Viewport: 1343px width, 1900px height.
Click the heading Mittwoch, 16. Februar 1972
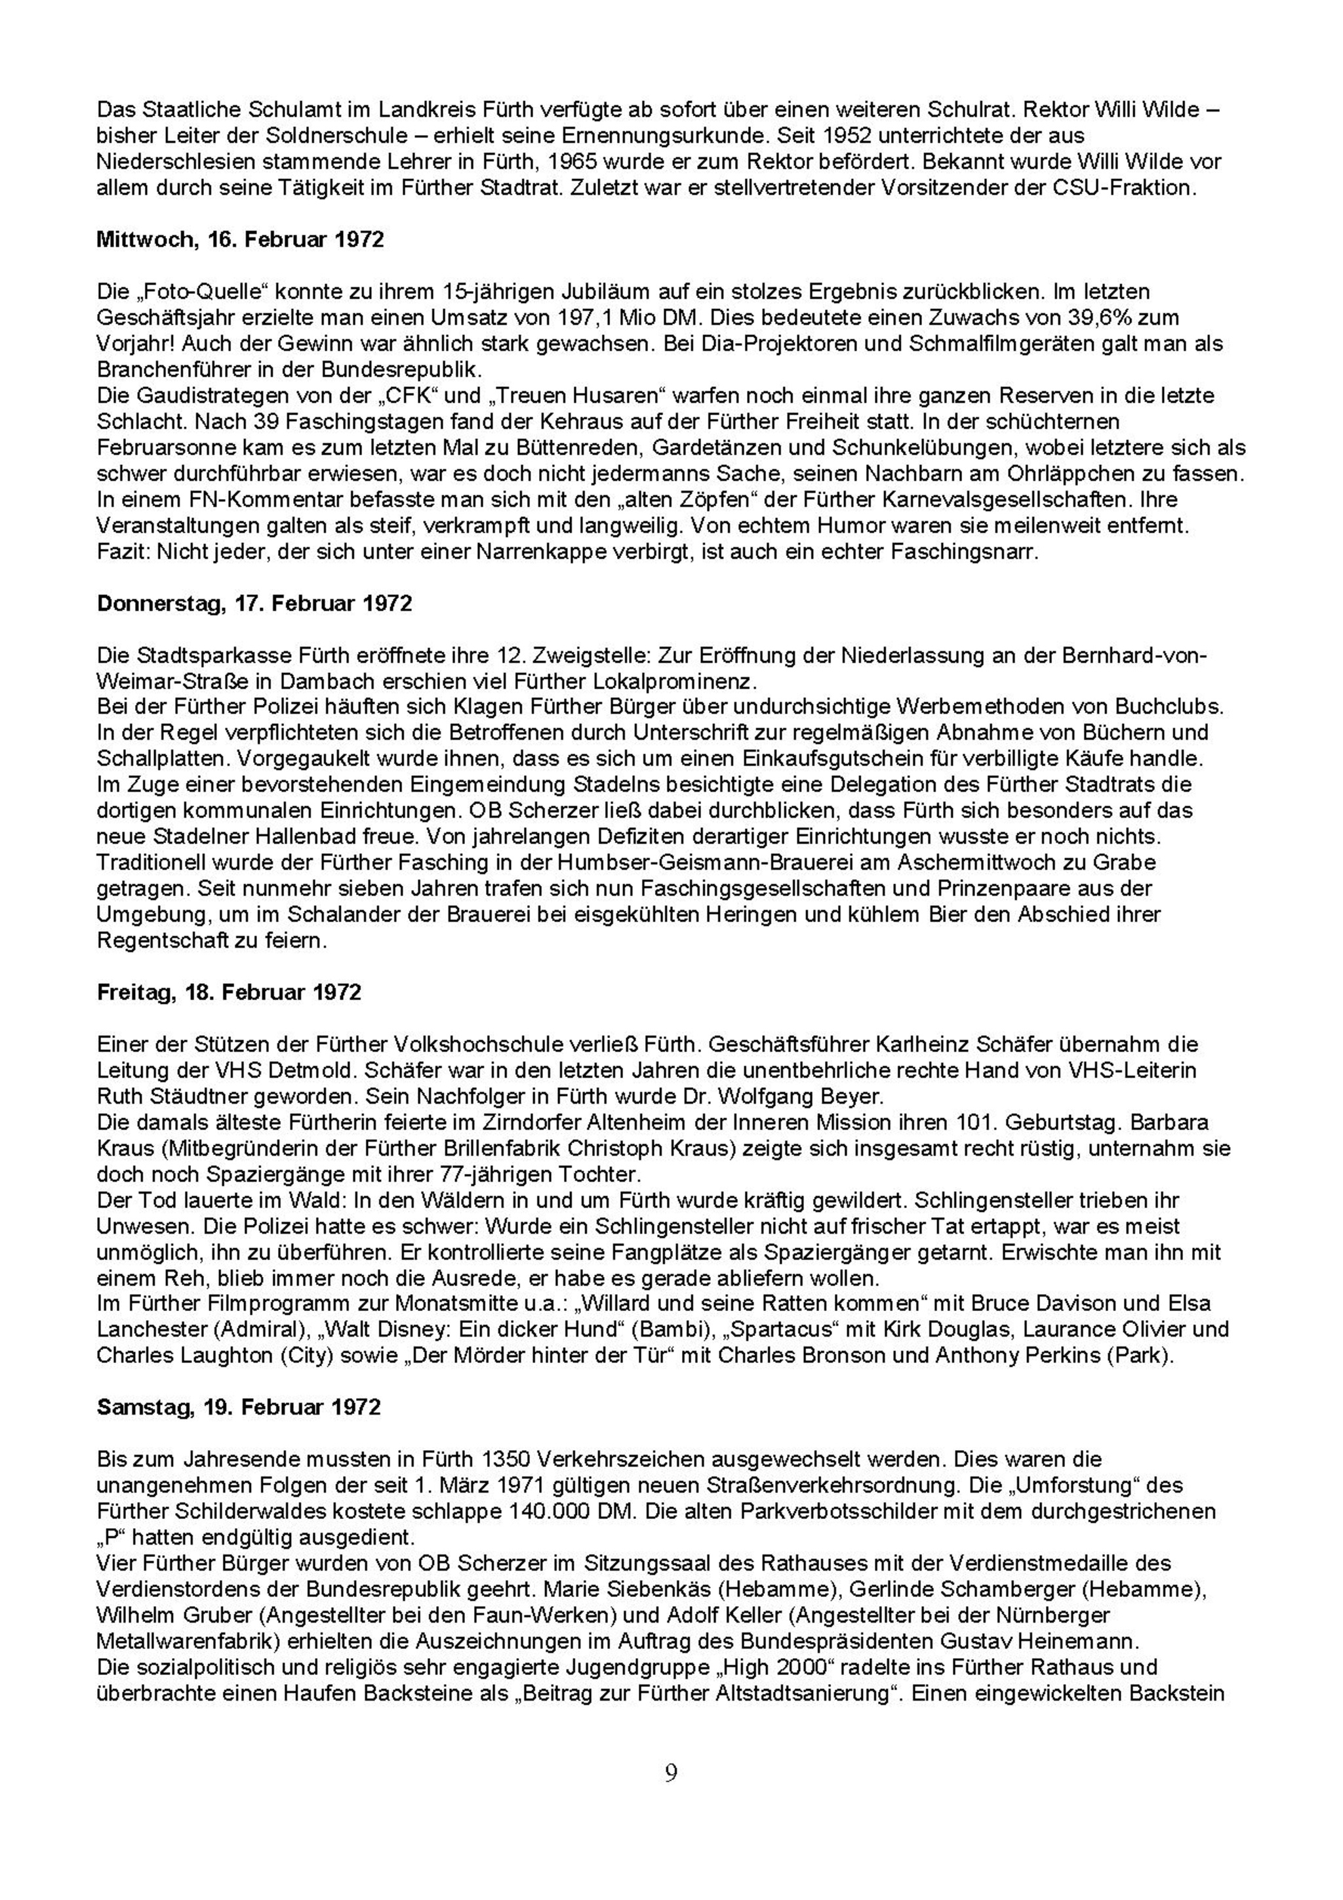coord(240,240)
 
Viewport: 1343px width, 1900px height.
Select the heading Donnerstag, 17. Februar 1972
coord(254,603)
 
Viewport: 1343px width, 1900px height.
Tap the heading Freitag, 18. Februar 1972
coord(230,992)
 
